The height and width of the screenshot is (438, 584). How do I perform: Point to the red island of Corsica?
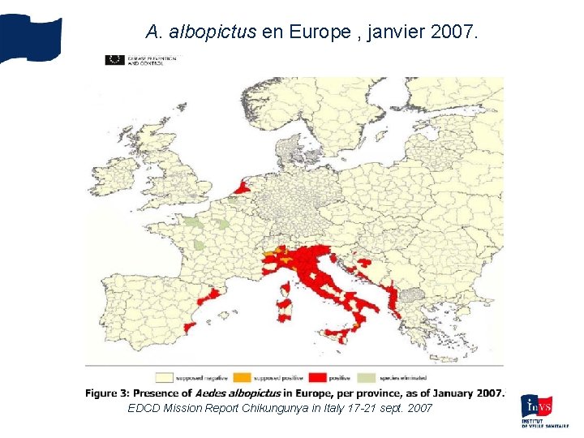286,289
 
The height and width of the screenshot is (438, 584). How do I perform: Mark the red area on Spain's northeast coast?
213,298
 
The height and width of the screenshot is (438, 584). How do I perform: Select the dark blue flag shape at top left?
31,37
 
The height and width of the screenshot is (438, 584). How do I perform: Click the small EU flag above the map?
114,60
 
